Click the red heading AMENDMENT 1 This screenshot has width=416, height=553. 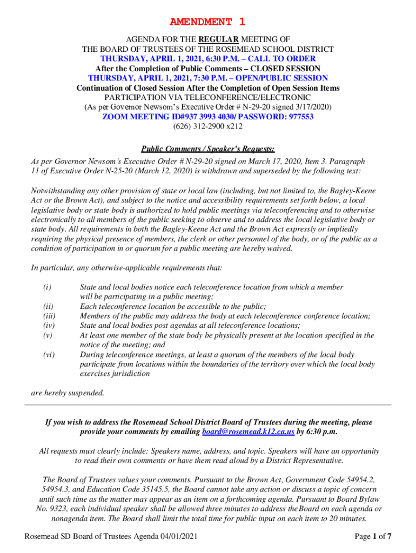[207, 22]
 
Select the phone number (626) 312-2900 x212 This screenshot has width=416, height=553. [207, 127]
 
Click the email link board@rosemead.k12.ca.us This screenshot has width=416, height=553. [248, 432]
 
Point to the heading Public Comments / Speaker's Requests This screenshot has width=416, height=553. [207, 149]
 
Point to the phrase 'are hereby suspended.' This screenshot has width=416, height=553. [68, 393]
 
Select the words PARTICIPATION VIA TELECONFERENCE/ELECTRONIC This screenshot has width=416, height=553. [207, 98]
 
